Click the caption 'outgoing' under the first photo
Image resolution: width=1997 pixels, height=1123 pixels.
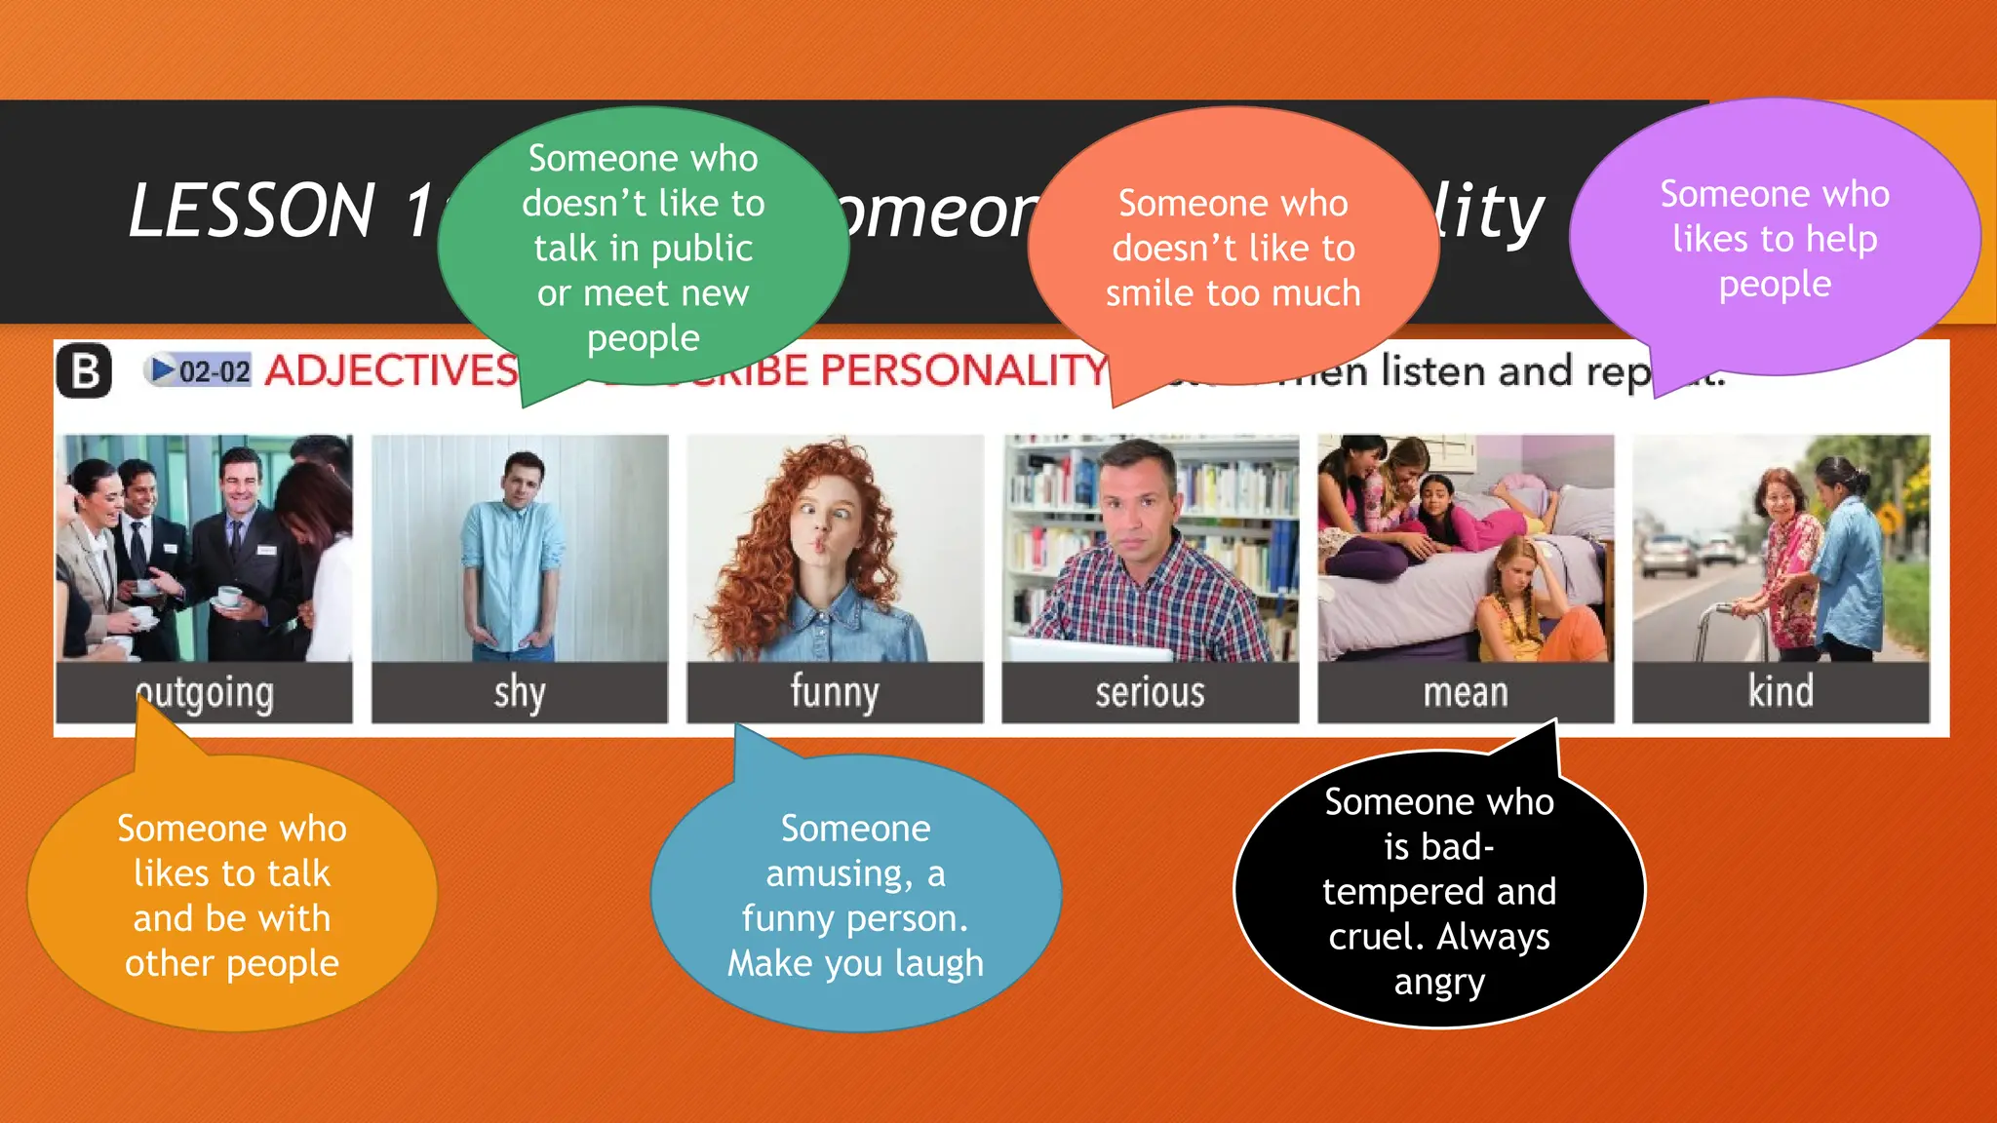pos(205,693)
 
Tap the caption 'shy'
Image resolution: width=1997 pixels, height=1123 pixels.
pos(519,693)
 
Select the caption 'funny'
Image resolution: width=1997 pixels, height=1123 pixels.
pos(835,693)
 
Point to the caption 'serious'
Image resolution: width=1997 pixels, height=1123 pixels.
pos(1150,693)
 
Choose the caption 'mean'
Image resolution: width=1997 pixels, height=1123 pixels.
pos(1465,693)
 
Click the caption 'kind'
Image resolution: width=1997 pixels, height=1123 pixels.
pos(1781,691)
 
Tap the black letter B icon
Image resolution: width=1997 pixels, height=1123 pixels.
pos(84,371)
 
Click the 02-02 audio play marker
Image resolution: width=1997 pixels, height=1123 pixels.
pos(199,370)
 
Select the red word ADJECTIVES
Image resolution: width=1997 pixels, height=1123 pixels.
pos(391,371)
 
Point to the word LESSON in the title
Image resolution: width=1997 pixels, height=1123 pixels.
pos(253,211)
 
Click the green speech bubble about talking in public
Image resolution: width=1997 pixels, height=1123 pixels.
pos(643,248)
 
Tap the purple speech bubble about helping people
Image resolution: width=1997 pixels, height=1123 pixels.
pos(1775,239)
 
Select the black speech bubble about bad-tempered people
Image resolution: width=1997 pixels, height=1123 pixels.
pos(1439,891)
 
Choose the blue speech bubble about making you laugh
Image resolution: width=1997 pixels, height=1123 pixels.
pos(855,895)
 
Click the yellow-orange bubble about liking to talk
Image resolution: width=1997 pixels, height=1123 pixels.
pos(232,895)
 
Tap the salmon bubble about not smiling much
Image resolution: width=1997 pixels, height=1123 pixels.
pos(1233,248)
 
